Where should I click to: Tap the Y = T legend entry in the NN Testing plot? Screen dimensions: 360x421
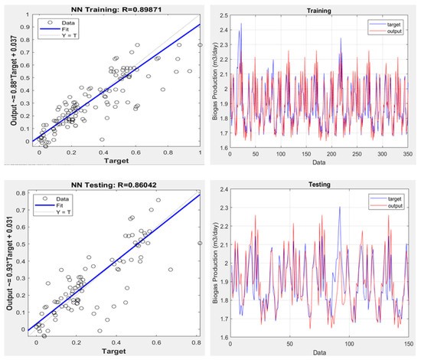coord(59,211)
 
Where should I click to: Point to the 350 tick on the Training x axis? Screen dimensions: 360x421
coord(408,155)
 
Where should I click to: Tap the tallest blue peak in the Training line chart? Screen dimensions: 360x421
coord(241,25)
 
